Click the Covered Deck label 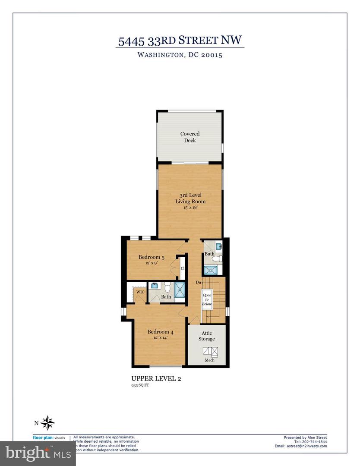(x=190, y=137)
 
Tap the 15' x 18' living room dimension (x=190, y=208)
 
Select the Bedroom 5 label (x=148, y=257)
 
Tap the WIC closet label (x=140, y=292)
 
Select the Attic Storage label (x=206, y=336)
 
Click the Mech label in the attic (x=209, y=360)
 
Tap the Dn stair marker (x=199, y=283)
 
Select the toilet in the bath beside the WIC (x=167, y=286)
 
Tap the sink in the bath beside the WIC (x=155, y=286)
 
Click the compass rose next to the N (x=49, y=422)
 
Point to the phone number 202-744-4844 (x=313, y=441)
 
